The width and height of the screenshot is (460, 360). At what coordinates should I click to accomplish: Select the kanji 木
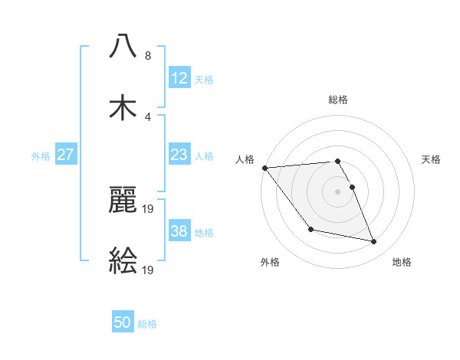coord(123,107)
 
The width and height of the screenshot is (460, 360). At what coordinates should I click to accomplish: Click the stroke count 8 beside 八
coord(147,56)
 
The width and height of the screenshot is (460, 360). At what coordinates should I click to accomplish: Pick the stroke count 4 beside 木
coord(147,117)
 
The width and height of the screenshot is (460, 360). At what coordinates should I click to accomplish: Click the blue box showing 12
coord(179,77)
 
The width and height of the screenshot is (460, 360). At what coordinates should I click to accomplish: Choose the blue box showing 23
coord(179,155)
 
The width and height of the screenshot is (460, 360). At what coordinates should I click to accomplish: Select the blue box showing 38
coord(179,231)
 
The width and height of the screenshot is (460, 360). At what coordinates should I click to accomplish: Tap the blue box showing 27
coord(66,155)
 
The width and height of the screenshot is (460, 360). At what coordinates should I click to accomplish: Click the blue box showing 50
coord(123,322)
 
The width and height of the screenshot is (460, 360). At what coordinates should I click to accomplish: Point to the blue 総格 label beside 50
coord(147,324)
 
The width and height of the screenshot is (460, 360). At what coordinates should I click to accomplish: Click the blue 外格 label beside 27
coord(41,155)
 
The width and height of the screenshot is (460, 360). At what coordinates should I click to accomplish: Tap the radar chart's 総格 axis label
coord(338,100)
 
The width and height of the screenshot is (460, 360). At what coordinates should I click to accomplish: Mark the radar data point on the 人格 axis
coord(264,168)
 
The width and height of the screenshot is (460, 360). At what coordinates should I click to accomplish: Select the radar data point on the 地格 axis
coord(374,241)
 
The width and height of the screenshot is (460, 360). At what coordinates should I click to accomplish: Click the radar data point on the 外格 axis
coord(310,229)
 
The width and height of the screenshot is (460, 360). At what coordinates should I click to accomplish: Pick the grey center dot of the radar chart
coord(338,191)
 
